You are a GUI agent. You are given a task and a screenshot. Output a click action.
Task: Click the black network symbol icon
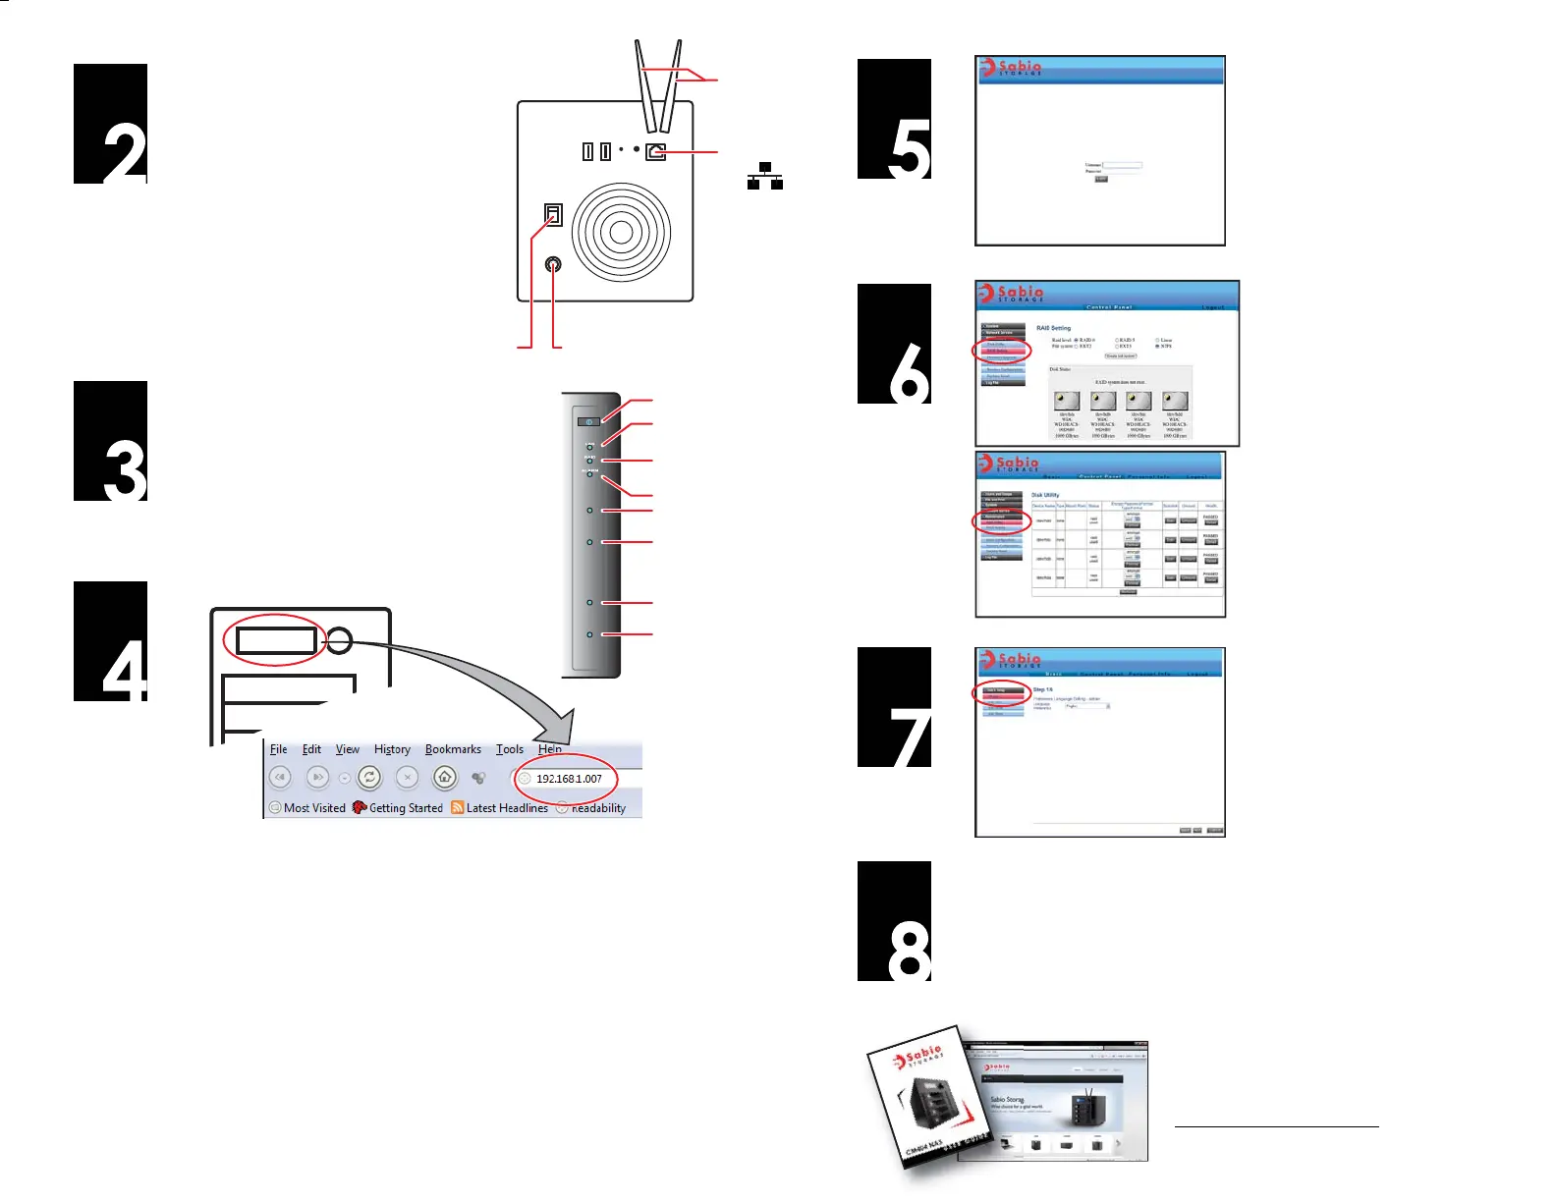coord(765,176)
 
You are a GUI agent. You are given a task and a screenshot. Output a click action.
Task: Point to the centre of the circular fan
coord(621,232)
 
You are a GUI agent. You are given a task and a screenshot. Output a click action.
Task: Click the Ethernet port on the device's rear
coord(655,151)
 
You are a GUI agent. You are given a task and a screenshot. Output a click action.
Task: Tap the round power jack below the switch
coord(554,264)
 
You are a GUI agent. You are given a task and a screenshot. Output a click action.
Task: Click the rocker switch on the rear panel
coord(554,214)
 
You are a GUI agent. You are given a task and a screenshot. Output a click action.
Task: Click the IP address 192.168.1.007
coord(569,779)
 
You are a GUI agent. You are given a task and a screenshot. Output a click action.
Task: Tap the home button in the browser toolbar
coord(445,778)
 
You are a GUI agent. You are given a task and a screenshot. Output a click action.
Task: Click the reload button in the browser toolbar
coord(369,778)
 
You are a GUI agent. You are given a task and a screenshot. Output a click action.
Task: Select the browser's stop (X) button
coord(408,778)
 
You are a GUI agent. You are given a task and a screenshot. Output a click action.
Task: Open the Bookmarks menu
coord(453,749)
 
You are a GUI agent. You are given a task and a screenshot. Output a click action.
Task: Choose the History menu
coord(392,749)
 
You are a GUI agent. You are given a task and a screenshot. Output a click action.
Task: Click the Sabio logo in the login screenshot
coord(1011,68)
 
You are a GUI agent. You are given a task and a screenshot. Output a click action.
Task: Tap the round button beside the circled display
coord(339,640)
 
